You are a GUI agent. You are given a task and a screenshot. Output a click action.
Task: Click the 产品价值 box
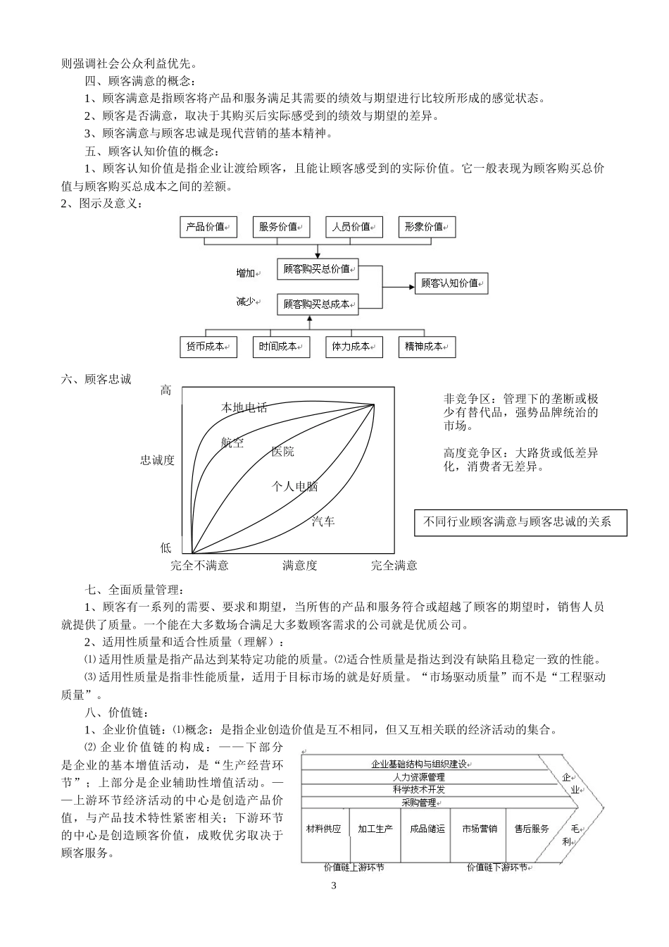pyautogui.click(x=208, y=227)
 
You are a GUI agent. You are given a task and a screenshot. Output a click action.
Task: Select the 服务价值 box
pyautogui.click(x=281, y=227)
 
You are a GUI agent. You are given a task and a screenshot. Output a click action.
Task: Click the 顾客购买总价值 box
pyautogui.click(x=318, y=268)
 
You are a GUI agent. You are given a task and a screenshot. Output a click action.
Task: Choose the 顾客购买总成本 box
pyautogui.click(x=318, y=304)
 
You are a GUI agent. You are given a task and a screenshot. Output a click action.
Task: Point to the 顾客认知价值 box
pyautogui.click(x=451, y=283)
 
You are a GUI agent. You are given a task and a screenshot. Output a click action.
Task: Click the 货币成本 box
pyautogui.click(x=208, y=347)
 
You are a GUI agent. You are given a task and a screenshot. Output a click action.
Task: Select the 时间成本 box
pyautogui.click(x=281, y=347)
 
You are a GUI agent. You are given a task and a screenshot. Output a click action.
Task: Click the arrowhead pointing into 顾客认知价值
pyautogui.click(x=411, y=286)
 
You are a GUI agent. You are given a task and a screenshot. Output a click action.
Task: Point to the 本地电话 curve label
pyautogui.click(x=244, y=408)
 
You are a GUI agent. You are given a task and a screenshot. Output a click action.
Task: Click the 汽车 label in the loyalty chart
pyautogui.click(x=323, y=521)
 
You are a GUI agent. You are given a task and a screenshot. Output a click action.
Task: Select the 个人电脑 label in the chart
pyautogui.click(x=294, y=486)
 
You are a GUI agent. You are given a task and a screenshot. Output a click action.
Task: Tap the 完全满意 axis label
pyautogui.click(x=394, y=565)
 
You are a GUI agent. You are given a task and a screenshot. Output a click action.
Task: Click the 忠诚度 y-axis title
pyautogui.click(x=157, y=460)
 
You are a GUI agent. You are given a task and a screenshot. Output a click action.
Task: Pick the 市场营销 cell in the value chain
pyautogui.click(x=479, y=829)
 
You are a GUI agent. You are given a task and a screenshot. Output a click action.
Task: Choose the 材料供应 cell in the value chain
pyautogui.click(x=323, y=829)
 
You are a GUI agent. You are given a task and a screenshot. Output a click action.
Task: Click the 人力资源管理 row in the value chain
pyautogui.click(x=420, y=776)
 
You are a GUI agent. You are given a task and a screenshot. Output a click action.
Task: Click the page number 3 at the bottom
pyautogui.click(x=334, y=886)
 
